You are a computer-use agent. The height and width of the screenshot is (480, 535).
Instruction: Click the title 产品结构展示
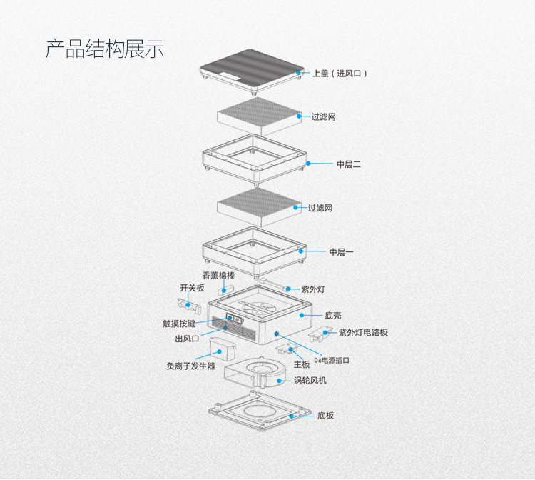[x=105, y=49]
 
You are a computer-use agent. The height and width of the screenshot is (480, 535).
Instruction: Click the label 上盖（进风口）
[x=340, y=73]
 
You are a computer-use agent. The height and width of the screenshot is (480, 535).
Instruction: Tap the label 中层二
[x=349, y=164]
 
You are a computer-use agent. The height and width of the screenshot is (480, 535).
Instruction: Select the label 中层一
[x=342, y=251]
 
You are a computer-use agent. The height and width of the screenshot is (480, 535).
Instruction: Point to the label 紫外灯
[x=313, y=289]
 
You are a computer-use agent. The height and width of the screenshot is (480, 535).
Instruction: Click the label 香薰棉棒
[x=218, y=275]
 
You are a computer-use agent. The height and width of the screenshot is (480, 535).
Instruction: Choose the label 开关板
[x=191, y=288]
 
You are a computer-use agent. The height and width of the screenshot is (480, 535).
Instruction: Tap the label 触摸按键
[x=179, y=323]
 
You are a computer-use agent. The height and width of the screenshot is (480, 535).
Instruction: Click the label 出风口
[x=187, y=339]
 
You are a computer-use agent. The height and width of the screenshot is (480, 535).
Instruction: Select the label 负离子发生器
[x=190, y=366]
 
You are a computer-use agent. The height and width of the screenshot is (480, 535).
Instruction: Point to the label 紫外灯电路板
[x=363, y=332]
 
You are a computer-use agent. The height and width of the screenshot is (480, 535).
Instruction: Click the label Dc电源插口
[x=332, y=361]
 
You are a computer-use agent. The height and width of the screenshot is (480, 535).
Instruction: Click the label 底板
[x=325, y=415]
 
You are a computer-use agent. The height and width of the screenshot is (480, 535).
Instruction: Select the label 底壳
[x=334, y=314]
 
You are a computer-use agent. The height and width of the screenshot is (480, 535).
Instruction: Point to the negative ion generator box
[x=223, y=348]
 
